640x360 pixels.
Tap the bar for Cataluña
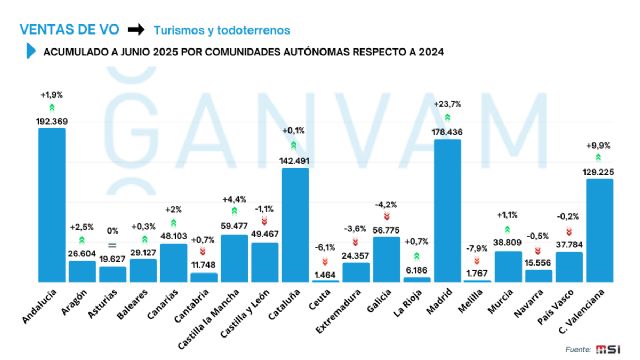[295, 225]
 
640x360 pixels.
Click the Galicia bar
[386, 259]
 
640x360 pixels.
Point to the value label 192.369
[52, 120]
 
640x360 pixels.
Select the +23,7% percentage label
[447, 103]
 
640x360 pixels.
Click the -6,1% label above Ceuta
[325, 247]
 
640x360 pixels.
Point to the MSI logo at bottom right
[609, 347]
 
